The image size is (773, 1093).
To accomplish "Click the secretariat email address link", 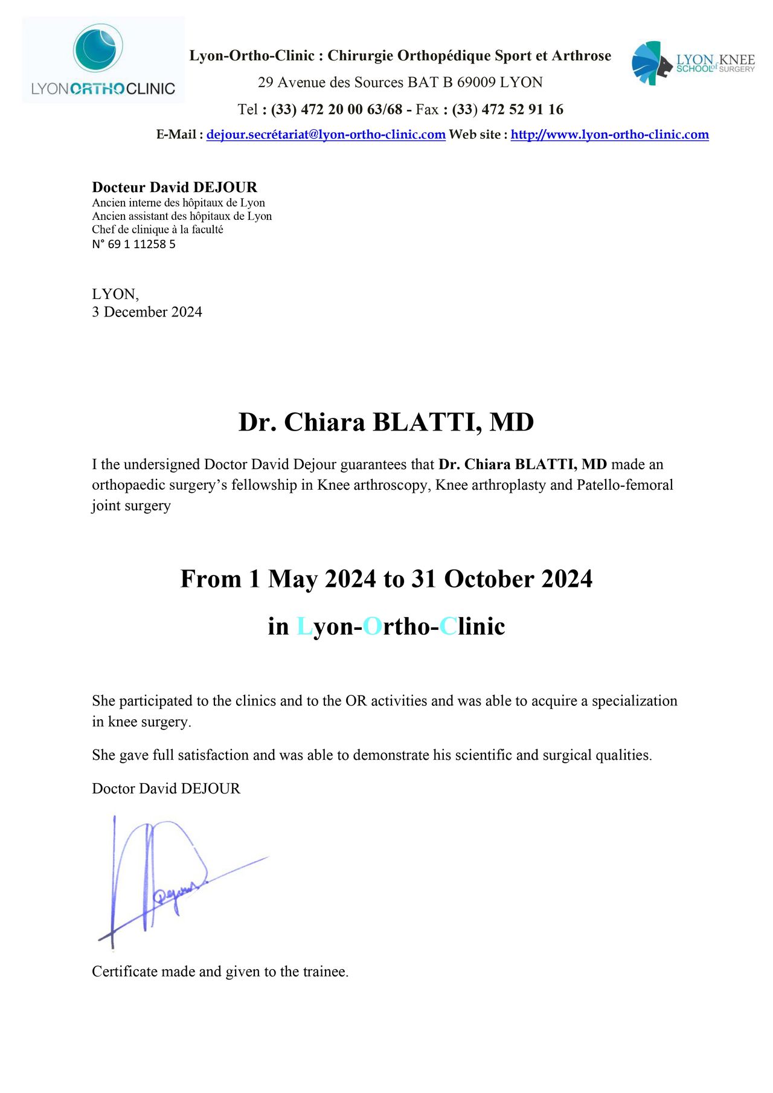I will click(x=326, y=135).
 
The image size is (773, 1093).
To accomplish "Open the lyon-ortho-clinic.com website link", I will click(x=609, y=135).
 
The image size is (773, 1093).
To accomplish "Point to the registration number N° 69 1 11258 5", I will click(x=133, y=245).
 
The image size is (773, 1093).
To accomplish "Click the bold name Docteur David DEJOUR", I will click(x=175, y=187).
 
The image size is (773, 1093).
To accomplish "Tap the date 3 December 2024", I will click(x=147, y=312).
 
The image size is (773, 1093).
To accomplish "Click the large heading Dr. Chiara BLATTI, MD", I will click(x=386, y=422).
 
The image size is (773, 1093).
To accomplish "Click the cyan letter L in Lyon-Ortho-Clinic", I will click(x=304, y=627).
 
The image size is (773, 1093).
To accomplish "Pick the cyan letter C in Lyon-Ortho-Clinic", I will click(x=447, y=627).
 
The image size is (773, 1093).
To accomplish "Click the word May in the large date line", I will click(x=292, y=579).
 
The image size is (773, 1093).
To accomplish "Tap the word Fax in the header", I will click(x=427, y=109).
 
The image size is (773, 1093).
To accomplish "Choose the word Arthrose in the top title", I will click(x=581, y=56).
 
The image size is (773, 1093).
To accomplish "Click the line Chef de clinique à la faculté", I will click(x=158, y=229).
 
